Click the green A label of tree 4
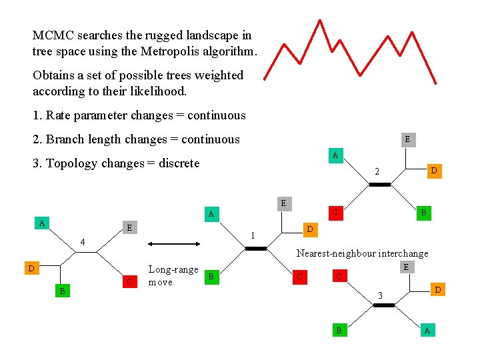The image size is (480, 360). tap(42, 223)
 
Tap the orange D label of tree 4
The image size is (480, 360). tap(30, 269)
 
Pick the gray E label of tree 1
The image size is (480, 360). tap(283, 203)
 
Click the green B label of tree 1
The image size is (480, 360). tap(211, 275)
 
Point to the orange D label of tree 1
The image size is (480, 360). tap(309, 229)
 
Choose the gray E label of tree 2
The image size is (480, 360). tap(407, 139)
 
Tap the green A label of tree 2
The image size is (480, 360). tap(335, 155)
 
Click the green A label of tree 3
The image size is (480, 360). tap(427, 331)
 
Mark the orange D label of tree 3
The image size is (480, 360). tap(437, 289)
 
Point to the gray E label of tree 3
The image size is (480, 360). tap(405, 267)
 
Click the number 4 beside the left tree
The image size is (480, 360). tap(82, 241)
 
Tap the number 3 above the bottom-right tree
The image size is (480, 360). tap(379, 295)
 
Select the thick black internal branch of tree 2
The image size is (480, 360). tap(379, 185)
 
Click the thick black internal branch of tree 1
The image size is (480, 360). tap(255, 249)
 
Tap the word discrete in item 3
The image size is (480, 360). tap(179, 163)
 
